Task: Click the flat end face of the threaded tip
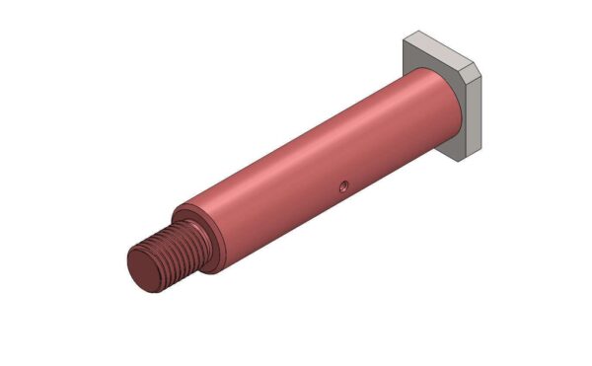(146, 267)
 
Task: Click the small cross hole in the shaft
(341, 184)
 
